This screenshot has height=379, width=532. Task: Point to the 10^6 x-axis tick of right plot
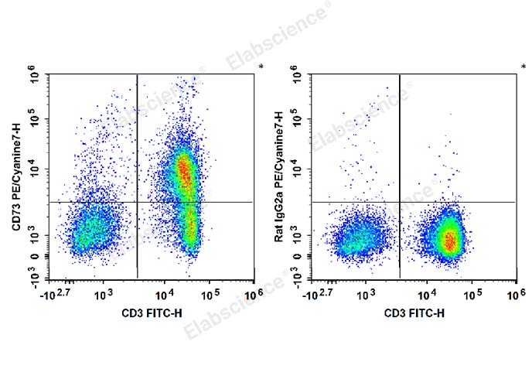[516, 295]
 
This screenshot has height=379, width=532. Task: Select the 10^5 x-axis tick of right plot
[473, 295]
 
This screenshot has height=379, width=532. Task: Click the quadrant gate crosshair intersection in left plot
[137, 202]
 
